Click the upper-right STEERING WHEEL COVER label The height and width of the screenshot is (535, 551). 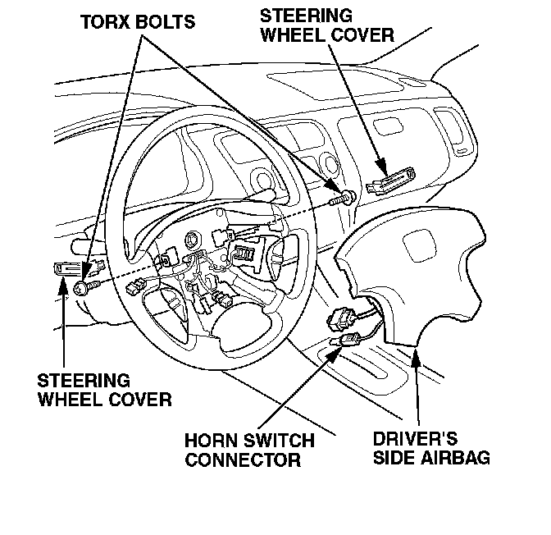tap(327, 25)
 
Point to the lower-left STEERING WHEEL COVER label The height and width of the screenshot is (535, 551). tap(104, 390)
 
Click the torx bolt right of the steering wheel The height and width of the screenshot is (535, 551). tap(346, 197)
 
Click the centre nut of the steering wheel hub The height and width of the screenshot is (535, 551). tap(192, 241)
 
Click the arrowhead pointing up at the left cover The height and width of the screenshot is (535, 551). tap(64, 283)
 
